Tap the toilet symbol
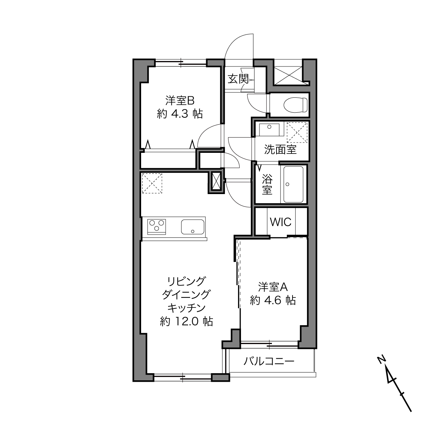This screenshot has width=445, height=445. pos(296,105)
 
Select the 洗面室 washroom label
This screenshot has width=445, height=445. pos(280,149)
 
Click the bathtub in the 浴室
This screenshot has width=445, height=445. pos(293,184)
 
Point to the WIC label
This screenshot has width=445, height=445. pos(280,222)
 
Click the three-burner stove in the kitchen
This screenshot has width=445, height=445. pos(157,226)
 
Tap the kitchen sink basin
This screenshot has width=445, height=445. pos(193,226)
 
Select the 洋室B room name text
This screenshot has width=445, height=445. pos(180,101)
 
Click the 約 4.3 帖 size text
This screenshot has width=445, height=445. pos(180,114)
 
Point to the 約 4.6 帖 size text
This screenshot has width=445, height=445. pos(273,300)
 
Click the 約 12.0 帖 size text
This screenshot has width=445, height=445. pos(186,321)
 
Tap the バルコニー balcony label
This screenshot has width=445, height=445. pos(269,361)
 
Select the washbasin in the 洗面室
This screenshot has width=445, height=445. pos(269,129)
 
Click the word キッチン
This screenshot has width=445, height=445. pos(186,308)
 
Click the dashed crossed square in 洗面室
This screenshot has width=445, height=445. pos(297,132)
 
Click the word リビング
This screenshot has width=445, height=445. pos(186,281)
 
